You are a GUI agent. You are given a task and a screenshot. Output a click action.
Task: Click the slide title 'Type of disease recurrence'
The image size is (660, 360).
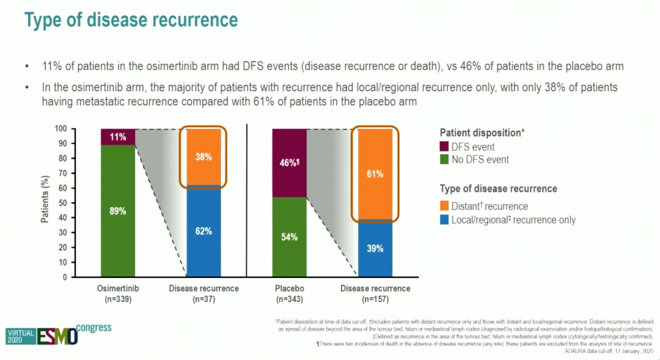131,20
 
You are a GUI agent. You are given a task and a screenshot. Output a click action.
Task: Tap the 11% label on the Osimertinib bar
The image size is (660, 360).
119,137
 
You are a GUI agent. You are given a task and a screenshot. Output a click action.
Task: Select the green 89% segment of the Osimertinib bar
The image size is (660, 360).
119,211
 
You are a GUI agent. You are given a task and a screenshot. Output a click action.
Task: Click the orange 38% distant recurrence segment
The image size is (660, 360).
204,156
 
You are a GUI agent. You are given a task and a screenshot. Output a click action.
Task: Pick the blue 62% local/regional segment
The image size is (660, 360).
204,231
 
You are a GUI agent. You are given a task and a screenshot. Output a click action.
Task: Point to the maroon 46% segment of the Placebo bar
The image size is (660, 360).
290,163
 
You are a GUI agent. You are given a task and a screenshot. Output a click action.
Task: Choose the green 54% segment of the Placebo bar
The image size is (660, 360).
290,237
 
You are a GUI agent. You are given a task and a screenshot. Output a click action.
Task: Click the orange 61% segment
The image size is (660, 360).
375,174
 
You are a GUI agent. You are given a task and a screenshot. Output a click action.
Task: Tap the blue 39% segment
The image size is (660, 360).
375,248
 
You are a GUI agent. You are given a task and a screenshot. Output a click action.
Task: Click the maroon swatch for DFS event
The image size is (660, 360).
444,147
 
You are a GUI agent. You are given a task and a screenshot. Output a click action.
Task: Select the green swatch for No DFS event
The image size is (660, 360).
444,160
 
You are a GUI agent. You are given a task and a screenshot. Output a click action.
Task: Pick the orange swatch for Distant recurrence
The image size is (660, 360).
444,206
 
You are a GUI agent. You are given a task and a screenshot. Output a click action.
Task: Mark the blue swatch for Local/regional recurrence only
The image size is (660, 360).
444,219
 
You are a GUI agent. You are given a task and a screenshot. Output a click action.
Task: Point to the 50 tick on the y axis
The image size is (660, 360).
64,203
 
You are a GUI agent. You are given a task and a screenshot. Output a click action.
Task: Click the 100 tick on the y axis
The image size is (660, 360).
62,129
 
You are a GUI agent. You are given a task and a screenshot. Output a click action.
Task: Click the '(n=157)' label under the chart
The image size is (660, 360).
375,299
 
